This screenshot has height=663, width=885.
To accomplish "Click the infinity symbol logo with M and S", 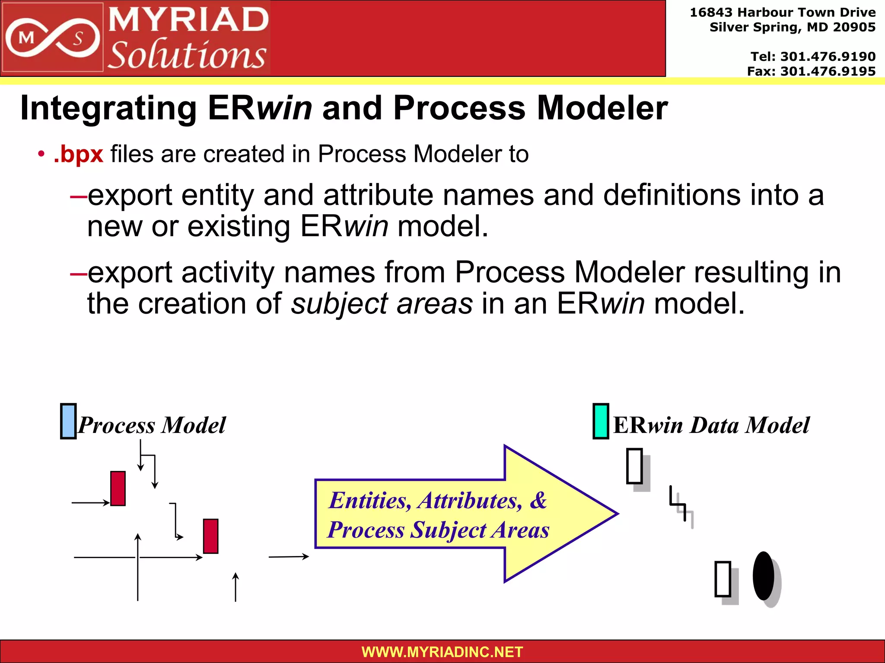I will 52,38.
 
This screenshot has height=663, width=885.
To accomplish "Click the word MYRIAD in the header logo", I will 188,20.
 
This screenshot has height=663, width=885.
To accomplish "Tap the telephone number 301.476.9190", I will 828,57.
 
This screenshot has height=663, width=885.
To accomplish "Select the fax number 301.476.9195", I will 828,71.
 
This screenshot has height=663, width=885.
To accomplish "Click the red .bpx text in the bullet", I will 79,154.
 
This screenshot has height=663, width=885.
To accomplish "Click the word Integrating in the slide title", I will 108,108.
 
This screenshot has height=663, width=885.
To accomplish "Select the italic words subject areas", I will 382,303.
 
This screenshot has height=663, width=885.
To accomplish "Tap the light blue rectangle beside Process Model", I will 68,421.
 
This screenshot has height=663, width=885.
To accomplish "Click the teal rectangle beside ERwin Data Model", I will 601,421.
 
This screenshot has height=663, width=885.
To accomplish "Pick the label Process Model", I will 152,425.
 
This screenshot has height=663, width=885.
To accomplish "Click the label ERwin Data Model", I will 711,425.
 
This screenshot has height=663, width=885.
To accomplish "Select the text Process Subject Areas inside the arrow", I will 438,530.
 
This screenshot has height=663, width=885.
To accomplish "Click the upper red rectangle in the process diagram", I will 118,488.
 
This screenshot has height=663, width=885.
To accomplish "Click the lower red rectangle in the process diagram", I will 210,536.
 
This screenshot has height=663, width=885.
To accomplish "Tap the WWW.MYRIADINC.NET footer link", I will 442,652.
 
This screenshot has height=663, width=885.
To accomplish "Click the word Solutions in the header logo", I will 187,55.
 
